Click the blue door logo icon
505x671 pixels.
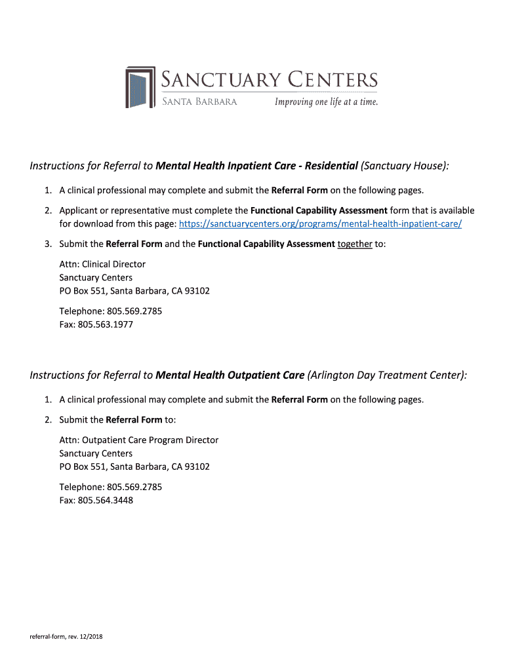[140, 87]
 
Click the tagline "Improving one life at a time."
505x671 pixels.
[326, 102]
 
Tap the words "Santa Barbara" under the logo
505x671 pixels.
[199, 102]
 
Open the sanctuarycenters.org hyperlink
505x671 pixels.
[320, 224]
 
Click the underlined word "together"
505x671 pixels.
[355, 244]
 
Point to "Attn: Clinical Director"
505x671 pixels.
[102, 264]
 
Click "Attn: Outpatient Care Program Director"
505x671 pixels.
[138, 440]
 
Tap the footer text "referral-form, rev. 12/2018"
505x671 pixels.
[66, 637]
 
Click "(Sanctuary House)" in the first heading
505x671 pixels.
[405, 166]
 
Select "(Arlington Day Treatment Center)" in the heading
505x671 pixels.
[388, 375]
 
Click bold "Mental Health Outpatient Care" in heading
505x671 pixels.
[230, 375]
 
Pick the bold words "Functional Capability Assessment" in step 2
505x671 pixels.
[319, 211]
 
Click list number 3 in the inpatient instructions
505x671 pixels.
[49, 244]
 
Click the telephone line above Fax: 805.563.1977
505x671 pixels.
[110, 311]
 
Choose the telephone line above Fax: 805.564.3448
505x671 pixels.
[110, 487]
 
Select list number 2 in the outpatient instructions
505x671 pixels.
[49, 419]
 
